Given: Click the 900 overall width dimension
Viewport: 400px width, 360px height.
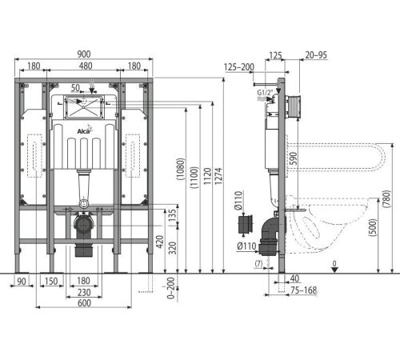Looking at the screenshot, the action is pyautogui.click(x=84, y=54).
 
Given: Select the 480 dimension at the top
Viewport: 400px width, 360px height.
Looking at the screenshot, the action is pyautogui.click(x=86, y=66).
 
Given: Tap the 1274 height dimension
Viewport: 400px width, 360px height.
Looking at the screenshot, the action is pyautogui.click(x=218, y=176).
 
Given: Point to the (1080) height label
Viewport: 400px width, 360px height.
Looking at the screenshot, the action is pyautogui.click(x=181, y=169).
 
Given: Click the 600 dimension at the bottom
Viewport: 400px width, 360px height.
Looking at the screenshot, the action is pyautogui.click(x=84, y=303).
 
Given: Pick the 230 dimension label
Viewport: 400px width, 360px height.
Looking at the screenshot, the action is pyautogui.click(x=84, y=292).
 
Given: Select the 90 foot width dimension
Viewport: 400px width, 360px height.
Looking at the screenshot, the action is pyautogui.click(x=22, y=281).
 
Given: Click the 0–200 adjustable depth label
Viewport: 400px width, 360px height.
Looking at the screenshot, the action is pyautogui.click(x=171, y=288).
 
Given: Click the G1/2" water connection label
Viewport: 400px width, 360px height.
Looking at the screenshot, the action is pyautogui.click(x=265, y=93).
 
